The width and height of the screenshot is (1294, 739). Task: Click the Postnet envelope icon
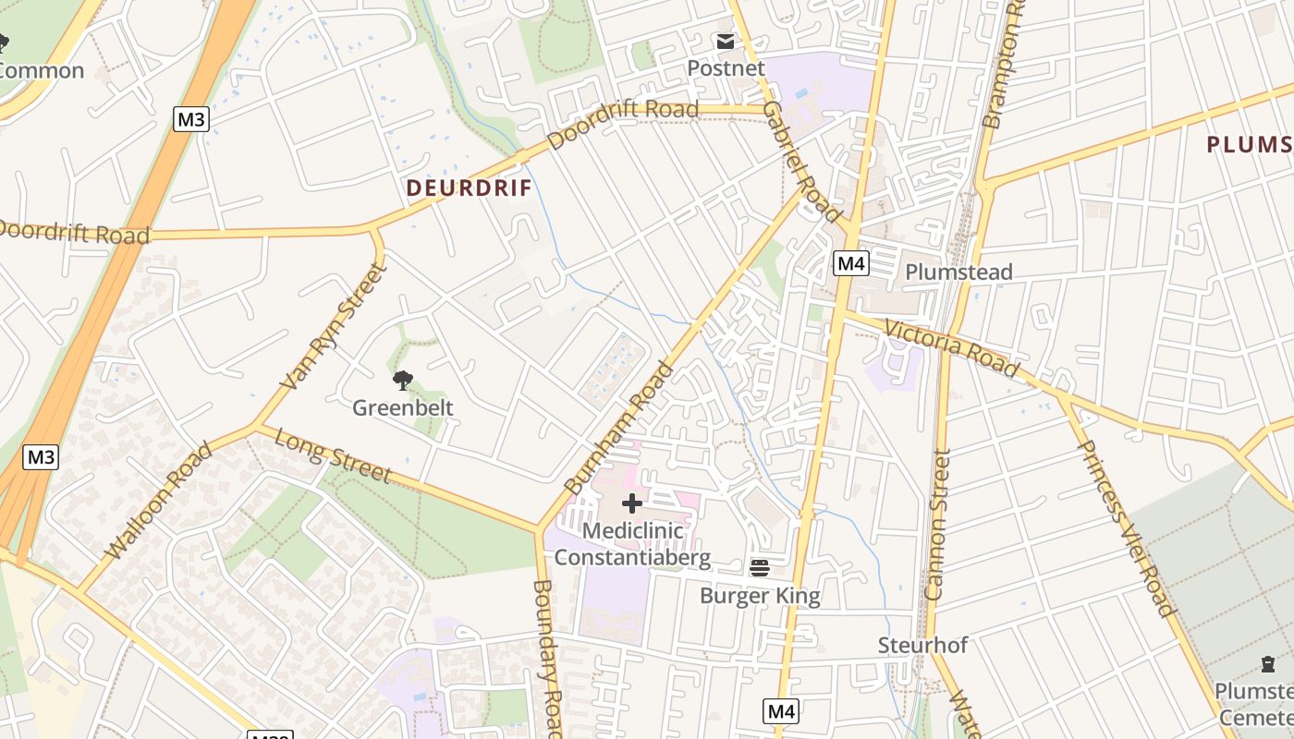point(725,42)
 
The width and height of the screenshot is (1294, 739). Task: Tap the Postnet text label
point(726,68)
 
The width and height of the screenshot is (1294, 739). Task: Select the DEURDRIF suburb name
point(470,188)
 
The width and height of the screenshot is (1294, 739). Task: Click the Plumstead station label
point(958,272)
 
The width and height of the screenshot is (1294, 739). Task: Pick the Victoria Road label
point(951,349)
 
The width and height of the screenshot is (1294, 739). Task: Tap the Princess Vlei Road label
point(1125,528)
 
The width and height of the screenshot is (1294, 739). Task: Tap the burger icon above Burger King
point(760,568)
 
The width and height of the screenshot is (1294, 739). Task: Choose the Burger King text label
point(760,596)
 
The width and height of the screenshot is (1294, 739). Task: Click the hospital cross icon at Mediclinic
point(632,503)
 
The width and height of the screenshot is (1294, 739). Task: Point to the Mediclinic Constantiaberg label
point(632,544)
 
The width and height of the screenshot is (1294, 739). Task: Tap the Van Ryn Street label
point(330,326)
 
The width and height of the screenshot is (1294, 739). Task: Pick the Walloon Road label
point(159,501)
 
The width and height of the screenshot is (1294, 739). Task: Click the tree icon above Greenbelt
point(402,380)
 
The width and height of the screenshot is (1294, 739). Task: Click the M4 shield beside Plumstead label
point(851,264)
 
